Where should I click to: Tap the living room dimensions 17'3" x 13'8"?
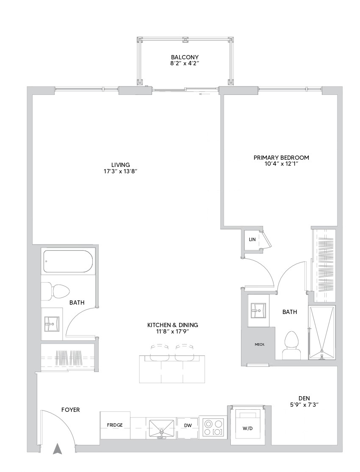pos(120,171)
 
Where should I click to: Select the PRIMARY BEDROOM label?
pos(281,158)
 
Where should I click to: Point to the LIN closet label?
pos(252,239)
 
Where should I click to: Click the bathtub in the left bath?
pos(68,261)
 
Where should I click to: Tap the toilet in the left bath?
pos(55,291)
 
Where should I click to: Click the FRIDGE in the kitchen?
pos(115,425)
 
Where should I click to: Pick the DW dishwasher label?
pos(188,425)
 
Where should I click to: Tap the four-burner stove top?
pos(214,428)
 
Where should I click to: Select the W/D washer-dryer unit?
pos(247,425)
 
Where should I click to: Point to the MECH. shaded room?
pos(260,344)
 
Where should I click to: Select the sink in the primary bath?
pos(258,311)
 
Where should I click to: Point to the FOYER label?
pos(70,410)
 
